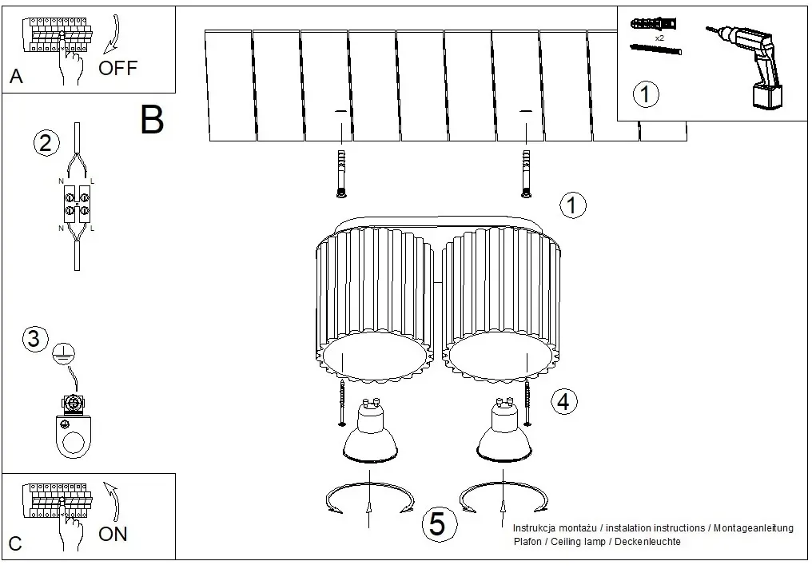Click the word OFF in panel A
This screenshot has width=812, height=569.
pyautogui.click(x=118, y=68)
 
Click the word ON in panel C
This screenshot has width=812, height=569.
pyautogui.click(x=113, y=534)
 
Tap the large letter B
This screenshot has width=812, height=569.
pyautogui.click(x=152, y=120)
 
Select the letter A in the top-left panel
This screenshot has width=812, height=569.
pyautogui.click(x=16, y=77)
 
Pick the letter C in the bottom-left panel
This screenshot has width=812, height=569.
pyautogui.click(x=15, y=543)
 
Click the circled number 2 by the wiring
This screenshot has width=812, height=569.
pyautogui.click(x=46, y=143)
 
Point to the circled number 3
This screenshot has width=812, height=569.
pyautogui.click(x=34, y=339)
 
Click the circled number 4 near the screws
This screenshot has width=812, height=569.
pyautogui.click(x=564, y=401)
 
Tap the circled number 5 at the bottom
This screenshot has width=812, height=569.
pyautogui.click(x=438, y=523)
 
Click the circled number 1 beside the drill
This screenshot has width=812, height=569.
pyautogui.click(x=646, y=94)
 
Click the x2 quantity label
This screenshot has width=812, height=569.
pyautogui.click(x=659, y=38)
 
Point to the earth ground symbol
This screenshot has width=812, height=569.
pyautogui.click(x=64, y=354)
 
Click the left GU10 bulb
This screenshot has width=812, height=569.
pyautogui.click(x=370, y=431)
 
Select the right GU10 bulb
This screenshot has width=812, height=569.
pyautogui.click(x=504, y=431)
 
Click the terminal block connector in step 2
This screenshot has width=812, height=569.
pyautogui.click(x=78, y=204)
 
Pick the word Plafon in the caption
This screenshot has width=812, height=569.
pyautogui.click(x=527, y=542)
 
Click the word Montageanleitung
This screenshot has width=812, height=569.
pyautogui.click(x=754, y=528)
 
